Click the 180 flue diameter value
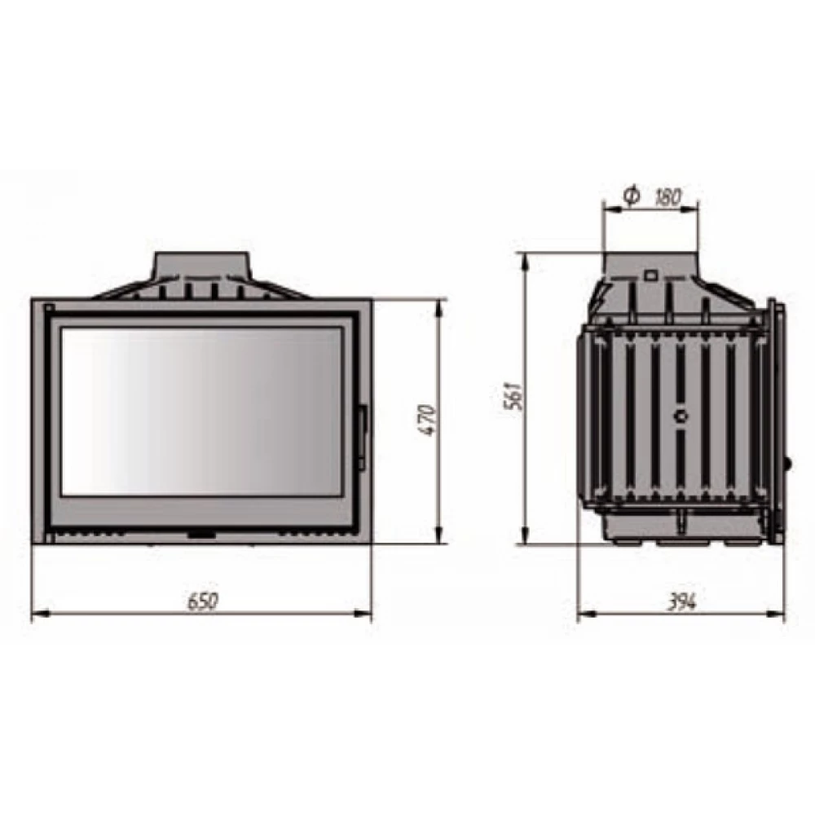(667, 197)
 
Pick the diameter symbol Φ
(632, 196)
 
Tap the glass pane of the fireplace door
(201, 411)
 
